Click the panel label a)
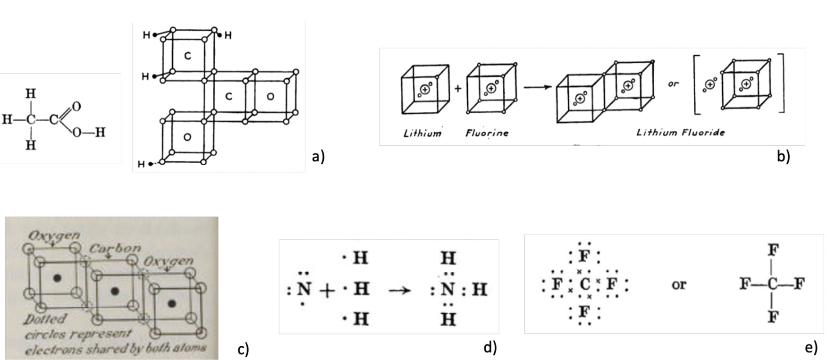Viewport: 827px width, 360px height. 318,156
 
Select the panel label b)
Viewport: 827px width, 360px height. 783,156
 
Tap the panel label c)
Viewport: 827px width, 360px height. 243,350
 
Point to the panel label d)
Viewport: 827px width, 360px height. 490,348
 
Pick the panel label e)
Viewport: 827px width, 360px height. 811,348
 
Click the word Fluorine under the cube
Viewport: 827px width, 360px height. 487,133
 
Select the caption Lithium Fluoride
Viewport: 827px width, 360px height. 680,132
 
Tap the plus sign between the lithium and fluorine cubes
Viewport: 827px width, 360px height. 457,88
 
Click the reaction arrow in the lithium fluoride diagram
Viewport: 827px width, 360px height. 537,87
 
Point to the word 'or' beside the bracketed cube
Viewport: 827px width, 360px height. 673,84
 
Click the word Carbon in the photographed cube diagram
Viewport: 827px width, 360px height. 115,248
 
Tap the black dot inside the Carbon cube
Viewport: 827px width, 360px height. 115,291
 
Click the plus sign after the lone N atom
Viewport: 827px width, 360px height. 327,290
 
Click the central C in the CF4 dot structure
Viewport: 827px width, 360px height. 584,284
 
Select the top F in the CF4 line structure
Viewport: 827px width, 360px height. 772,250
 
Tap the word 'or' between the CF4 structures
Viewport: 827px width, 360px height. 678,285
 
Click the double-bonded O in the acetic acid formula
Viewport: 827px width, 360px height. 76,106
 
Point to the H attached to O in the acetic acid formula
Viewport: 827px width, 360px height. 100,132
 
